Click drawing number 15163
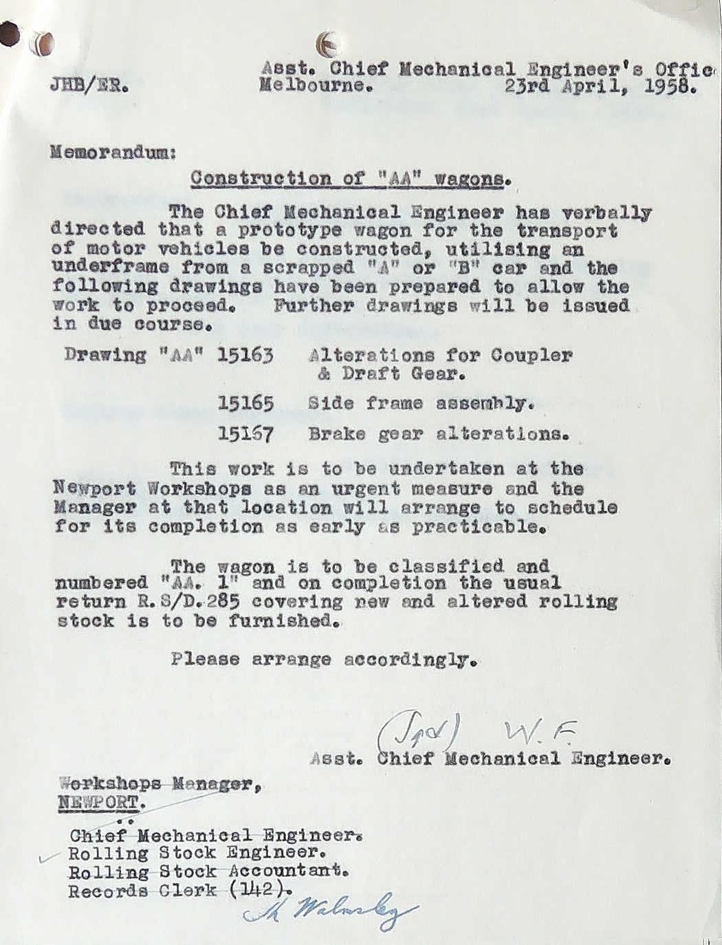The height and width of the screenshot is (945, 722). [245, 356]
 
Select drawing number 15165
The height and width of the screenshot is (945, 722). [245, 403]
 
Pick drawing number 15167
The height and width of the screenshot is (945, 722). [245, 434]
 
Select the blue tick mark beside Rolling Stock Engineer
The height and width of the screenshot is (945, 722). [48, 858]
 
